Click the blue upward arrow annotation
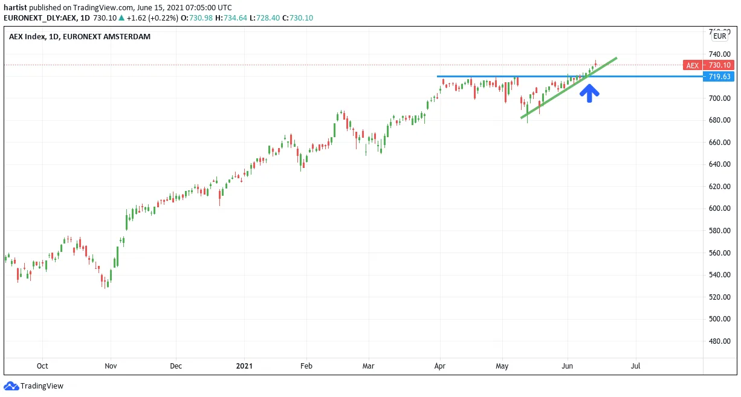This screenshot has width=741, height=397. pyautogui.click(x=589, y=93)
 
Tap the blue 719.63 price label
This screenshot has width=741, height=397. pyautogui.click(x=719, y=77)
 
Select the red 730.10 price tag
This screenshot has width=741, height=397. pyautogui.click(x=719, y=65)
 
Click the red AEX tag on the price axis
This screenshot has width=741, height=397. pyautogui.click(x=693, y=65)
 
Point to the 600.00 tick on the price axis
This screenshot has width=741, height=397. pyautogui.click(x=719, y=208)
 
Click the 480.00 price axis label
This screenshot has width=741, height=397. pyautogui.click(x=719, y=341)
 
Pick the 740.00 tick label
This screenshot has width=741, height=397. pyautogui.click(x=719, y=54)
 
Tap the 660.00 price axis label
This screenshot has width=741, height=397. pyautogui.click(x=719, y=142)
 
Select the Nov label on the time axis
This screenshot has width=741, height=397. pyautogui.click(x=111, y=366)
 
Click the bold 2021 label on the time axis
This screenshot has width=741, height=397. pyautogui.click(x=244, y=366)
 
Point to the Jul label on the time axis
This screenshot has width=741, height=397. pyautogui.click(x=635, y=366)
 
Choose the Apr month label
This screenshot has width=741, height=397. pyautogui.click(x=439, y=366)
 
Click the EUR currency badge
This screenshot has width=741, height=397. pyautogui.click(x=720, y=36)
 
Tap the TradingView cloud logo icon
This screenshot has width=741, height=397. pyautogui.click(x=11, y=386)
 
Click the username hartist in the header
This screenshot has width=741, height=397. pyautogui.click(x=15, y=7)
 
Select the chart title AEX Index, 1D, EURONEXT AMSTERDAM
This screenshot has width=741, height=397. pyautogui.click(x=80, y=37)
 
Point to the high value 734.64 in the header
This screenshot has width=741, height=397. pyautogui.click(x=235, y=18)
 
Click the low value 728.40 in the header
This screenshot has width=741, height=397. pyautogui.click(x=268, y=18)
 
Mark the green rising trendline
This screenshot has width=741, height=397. pyautogui.click(x=569, y=88)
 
